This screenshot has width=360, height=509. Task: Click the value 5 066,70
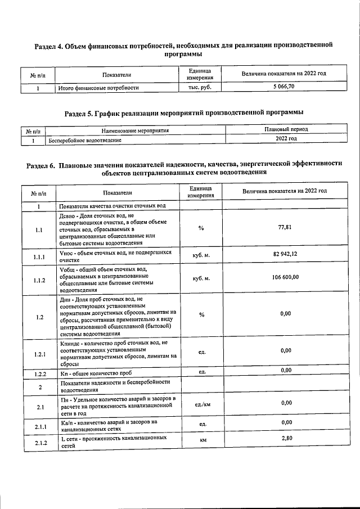pos(283,87)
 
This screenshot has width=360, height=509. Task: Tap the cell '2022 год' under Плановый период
pos(286,138)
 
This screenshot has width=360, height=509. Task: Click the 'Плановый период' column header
pos(286,130)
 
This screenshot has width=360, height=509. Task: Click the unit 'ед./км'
pos(202,404)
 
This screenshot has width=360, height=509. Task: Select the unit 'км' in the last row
pos(201,440)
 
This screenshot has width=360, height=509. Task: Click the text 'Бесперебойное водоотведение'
pos(85,139)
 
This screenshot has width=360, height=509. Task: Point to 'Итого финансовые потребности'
pos(98,88)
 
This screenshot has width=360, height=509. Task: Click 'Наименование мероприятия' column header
pos(135,130)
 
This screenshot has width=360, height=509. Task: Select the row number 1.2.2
pos(39,373)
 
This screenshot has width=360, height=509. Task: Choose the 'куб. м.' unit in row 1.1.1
pos(201,255)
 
